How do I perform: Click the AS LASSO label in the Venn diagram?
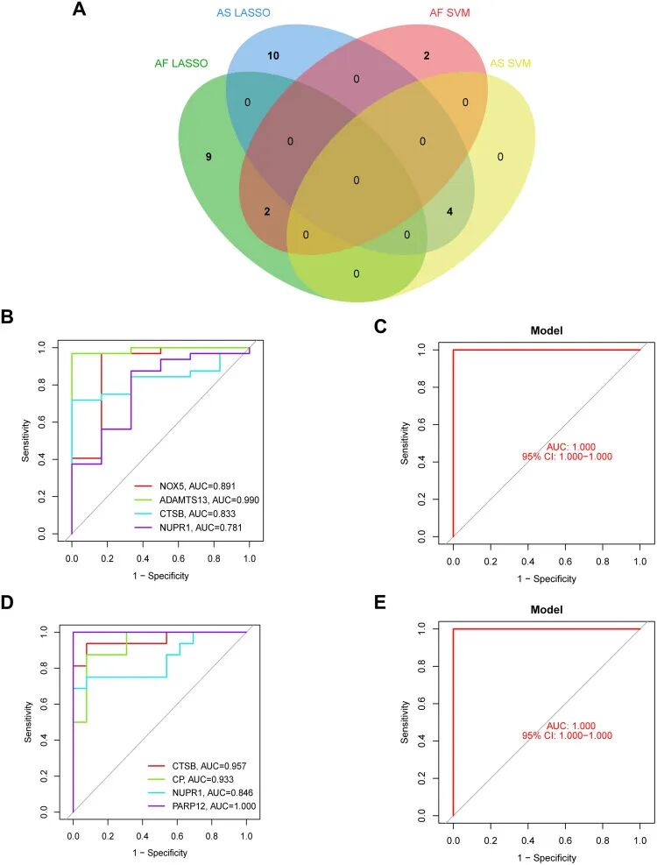coord(244,13)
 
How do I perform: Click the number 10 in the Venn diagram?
coord(273,55)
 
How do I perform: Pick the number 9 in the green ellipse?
coord(208,157)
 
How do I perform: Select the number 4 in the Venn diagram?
coord(449,210)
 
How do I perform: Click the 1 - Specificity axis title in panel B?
coord(160,575)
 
